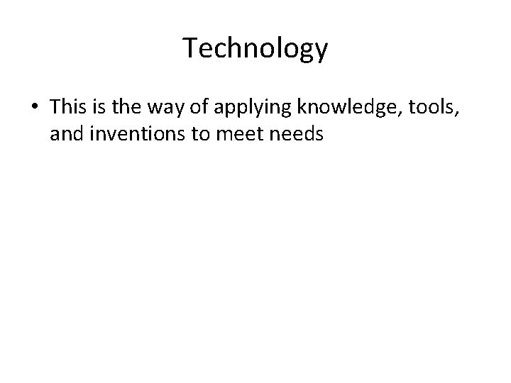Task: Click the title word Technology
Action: [255, 49]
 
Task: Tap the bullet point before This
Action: [33, 106]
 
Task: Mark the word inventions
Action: [129, 133]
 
